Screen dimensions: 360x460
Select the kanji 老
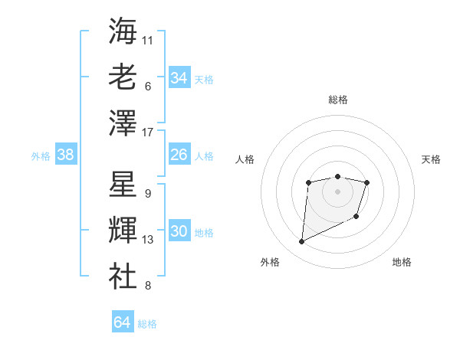123,77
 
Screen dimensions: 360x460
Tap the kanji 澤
123,123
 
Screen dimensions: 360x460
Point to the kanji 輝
123,231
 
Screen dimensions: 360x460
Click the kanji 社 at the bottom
123,277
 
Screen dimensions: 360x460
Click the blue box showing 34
179,78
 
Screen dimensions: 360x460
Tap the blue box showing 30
179,232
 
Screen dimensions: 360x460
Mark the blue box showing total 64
122,322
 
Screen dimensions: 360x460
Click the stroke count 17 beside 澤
148,133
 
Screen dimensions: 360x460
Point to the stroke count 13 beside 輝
148,240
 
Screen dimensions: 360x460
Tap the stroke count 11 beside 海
148,39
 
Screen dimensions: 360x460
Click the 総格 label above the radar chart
337,100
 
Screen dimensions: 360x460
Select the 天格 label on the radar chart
431,159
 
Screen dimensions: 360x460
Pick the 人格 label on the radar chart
245,159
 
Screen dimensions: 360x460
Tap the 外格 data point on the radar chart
301,242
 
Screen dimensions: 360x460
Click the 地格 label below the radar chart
402,262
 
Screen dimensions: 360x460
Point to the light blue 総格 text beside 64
147,324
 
